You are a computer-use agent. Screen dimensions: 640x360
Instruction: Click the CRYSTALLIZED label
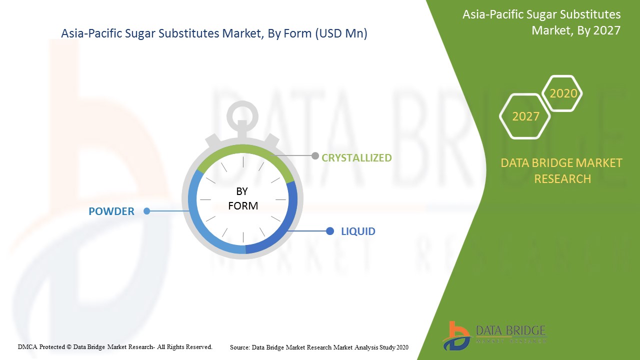pos(356,157)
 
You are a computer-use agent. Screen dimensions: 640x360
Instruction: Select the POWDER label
pos(111,211)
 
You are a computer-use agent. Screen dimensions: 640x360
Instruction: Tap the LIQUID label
pos(358,231)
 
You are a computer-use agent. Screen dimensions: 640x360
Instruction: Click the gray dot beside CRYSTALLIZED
pos(315,155)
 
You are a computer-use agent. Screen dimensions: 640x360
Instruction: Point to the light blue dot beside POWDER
pos(147,211)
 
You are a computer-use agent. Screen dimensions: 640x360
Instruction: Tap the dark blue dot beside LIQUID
pos(330,231)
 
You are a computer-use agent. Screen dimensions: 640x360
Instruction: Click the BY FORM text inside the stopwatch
pos(243,198)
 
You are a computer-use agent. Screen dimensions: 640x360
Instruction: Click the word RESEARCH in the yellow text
pos(562,179)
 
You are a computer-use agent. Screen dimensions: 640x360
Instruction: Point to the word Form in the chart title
pos(297,33)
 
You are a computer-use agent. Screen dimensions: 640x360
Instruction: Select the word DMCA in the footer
pos(27,347)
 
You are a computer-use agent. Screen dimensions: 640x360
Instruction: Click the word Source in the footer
pos(240,347)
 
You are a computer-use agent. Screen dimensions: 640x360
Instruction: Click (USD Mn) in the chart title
pos(341,33)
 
